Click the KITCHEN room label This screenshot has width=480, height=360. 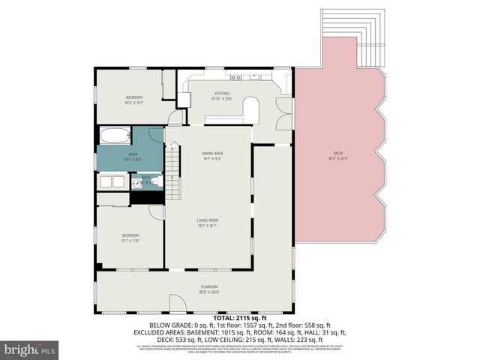point(221,94)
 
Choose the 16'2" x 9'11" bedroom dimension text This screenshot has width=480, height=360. point(133,103)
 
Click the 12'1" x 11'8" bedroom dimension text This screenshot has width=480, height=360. point(131,241)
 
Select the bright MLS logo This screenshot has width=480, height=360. point(30,349)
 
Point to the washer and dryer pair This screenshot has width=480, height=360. point(112,182)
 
